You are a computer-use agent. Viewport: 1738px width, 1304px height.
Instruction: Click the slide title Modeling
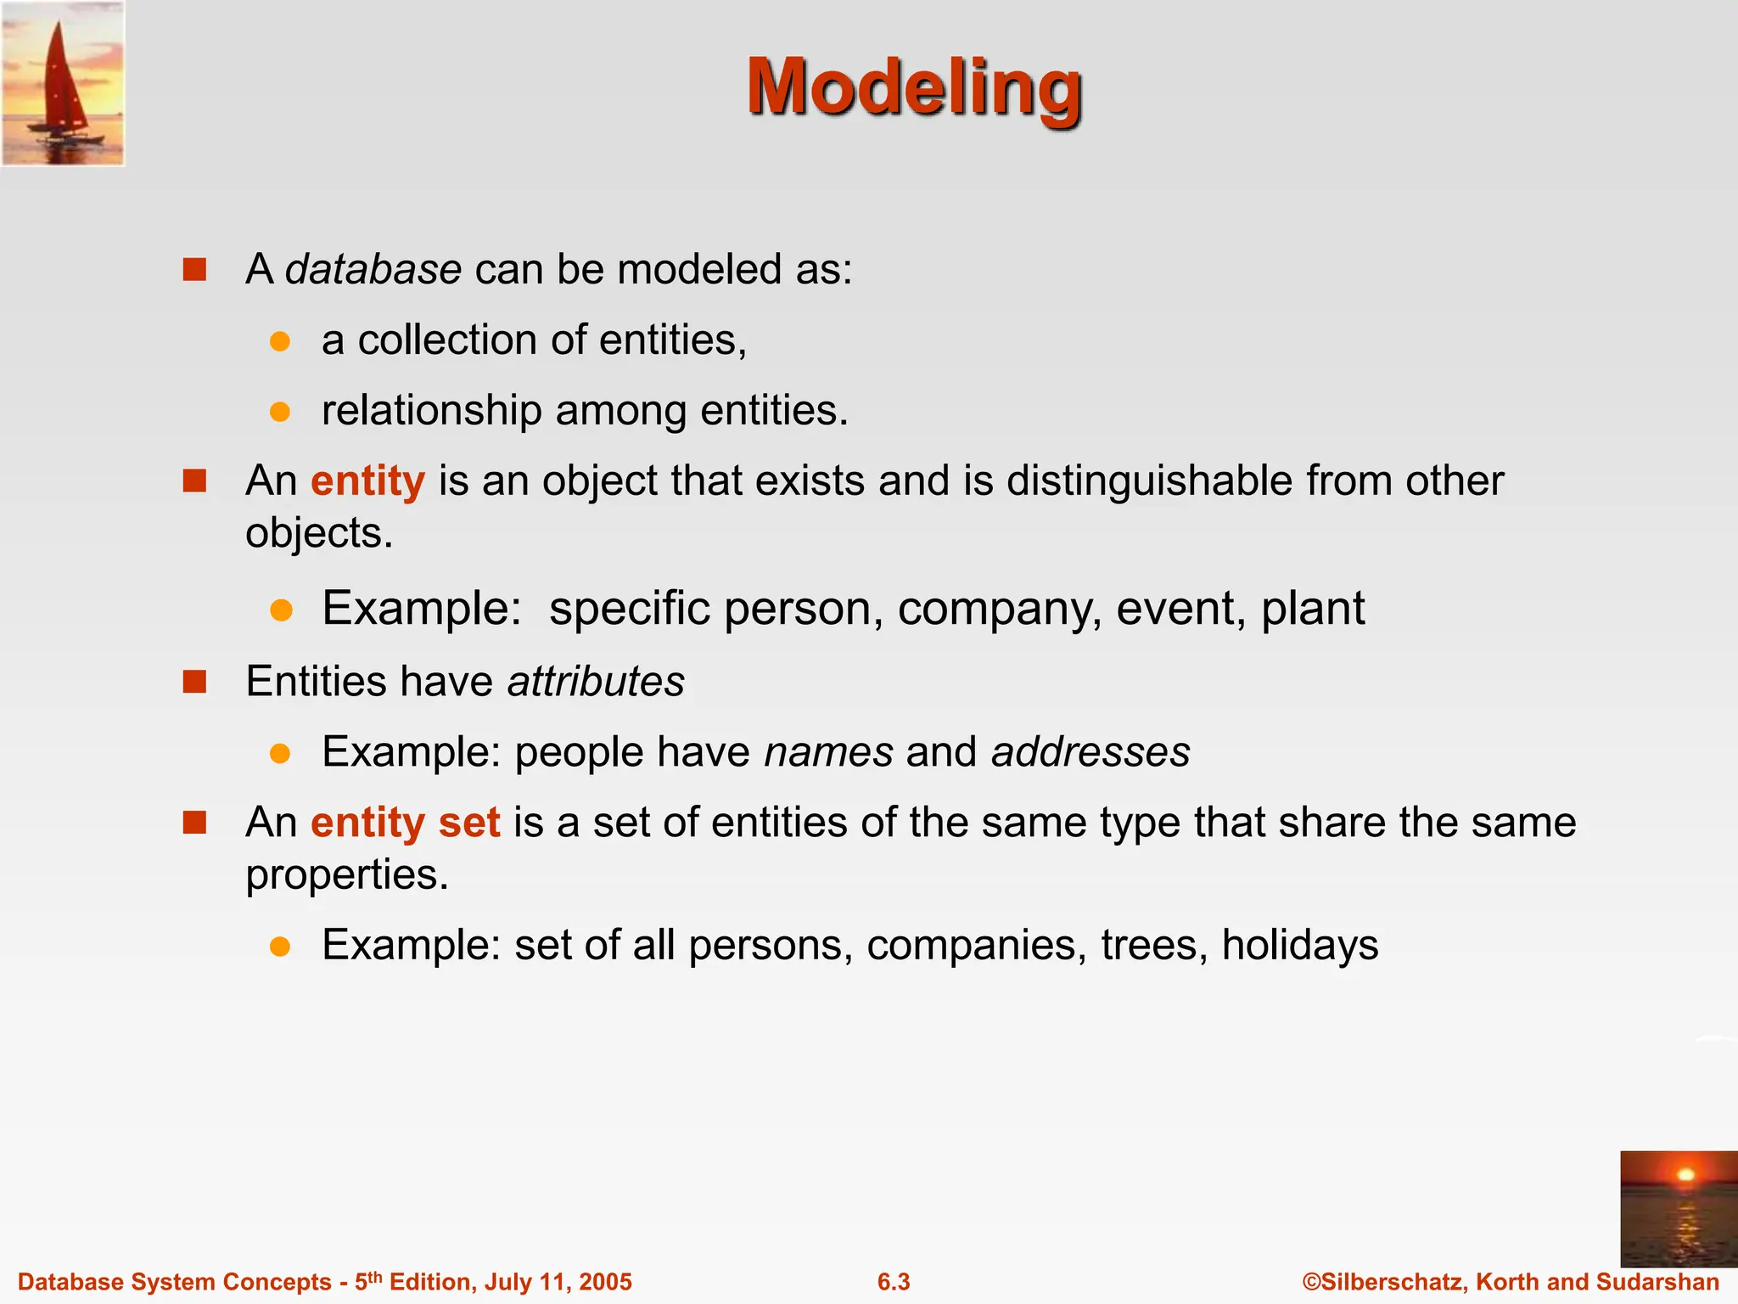click(914, 87)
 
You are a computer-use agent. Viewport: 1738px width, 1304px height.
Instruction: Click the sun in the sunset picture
click(1685, 1175)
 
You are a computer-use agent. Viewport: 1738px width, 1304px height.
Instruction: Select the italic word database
click(373, 270)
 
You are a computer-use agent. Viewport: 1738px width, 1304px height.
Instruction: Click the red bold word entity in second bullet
click(367, 481)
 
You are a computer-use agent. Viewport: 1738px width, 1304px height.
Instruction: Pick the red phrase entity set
click(405, 823)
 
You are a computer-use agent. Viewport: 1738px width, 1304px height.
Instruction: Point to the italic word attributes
click(596, 682)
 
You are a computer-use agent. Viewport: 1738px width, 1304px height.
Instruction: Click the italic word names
click(828, 752)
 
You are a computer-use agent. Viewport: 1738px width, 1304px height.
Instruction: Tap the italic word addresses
click(1090, 752)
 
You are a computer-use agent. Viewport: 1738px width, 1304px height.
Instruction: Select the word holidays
click(1299, 945)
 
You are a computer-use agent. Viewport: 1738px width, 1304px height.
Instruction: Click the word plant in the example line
click(1313, 609)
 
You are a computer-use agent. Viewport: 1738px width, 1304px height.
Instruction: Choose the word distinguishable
click(1149, 481)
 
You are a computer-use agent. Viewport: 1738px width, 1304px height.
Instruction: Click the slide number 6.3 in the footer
click(894, 1282)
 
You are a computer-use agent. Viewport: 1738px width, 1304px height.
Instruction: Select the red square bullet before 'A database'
click(195, 270)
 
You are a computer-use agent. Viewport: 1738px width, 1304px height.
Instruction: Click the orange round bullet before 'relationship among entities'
click(280, 412)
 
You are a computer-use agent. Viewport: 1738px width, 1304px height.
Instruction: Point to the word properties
click(346, 875)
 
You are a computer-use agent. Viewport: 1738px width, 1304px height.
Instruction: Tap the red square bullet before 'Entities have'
click(195, 682)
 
